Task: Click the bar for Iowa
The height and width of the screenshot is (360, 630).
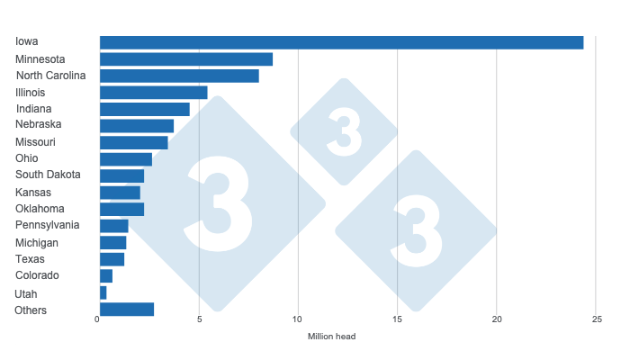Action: click(341, 42)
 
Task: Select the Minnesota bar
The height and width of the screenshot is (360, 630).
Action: click(186, 59)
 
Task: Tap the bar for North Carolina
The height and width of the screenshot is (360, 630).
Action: click(179, 76)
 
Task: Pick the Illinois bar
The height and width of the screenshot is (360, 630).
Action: click(153, 92)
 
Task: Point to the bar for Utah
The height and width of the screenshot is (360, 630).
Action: click(103, 292)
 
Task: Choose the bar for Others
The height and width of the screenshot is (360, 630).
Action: click(127, 310)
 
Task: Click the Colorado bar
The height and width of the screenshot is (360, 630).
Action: click(106, 275)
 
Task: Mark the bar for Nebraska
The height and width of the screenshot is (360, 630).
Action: click(137, 125)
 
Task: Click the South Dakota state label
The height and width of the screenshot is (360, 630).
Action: click(48, 175)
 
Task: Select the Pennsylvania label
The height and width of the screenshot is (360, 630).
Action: click(47, 225)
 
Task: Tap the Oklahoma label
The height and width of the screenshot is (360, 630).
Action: click(40, 209)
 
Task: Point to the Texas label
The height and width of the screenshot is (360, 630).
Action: click(30, 259)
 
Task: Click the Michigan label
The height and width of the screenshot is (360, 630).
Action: click(37, 243)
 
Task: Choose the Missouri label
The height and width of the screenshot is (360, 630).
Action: click(35, 142)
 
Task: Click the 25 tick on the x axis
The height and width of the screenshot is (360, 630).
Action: click(596, 319)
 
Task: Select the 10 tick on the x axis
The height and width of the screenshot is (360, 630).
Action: click(298, 319)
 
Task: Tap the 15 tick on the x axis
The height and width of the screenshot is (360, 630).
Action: click(397, 319)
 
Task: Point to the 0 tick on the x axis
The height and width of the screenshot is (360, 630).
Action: click(98, 319)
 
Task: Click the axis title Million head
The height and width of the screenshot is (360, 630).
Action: click(333, 337)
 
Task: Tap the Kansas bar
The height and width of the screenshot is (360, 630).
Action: click(120, 193)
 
